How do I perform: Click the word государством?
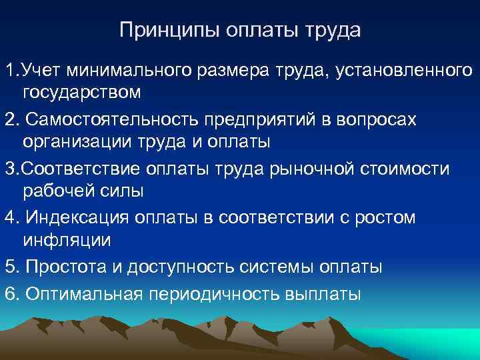[82, 92]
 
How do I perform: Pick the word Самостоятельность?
[114, 119]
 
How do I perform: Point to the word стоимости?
[407, 168]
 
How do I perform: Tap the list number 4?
[9, 217]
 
